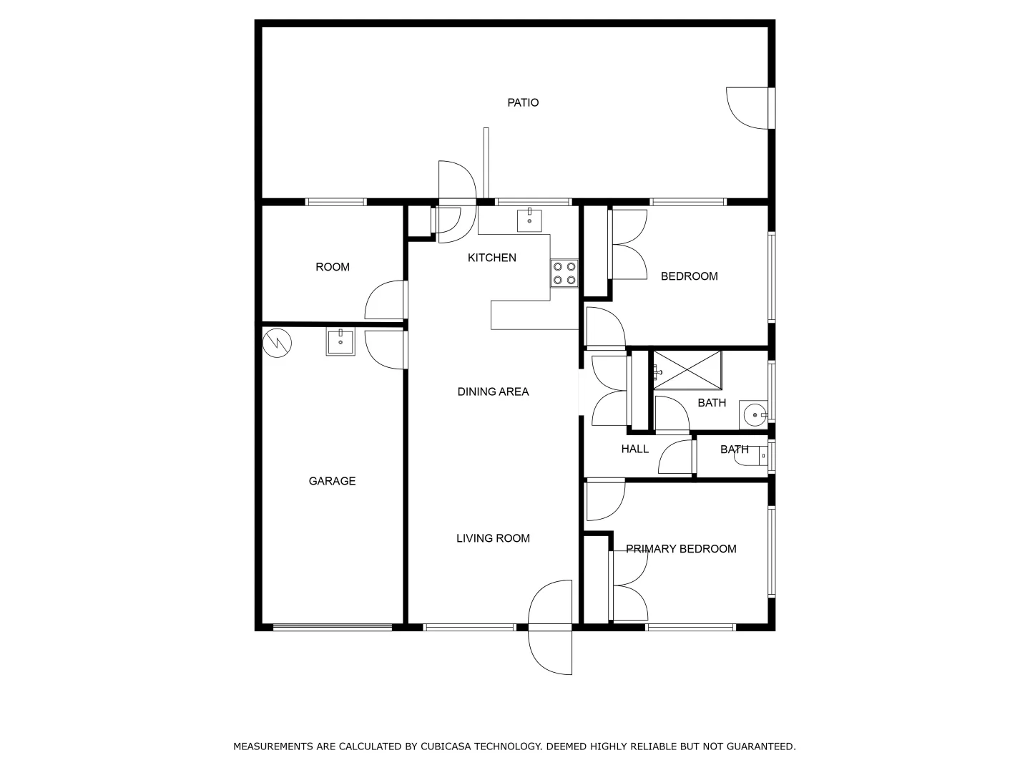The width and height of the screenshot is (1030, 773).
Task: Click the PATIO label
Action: point(523,102)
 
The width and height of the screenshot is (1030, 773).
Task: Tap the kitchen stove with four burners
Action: point(564,273)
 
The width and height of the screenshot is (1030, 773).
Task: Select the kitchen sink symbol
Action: point(529,220)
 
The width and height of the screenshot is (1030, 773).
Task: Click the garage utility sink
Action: point(340,341)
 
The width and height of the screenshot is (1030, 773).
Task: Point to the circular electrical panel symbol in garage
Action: point(277,343)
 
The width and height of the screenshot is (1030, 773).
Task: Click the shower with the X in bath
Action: point(687,369)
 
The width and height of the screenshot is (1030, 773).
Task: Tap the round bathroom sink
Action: point(753,414)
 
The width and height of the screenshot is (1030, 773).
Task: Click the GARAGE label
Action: point(332,481)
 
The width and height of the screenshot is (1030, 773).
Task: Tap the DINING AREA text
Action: point(493,392)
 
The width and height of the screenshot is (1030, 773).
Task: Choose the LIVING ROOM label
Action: point(493,538)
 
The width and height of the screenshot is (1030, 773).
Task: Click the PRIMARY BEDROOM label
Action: point(681,549)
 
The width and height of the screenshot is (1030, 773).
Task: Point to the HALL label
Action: point(634,449)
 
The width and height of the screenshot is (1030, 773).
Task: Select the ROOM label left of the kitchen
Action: point(333,267)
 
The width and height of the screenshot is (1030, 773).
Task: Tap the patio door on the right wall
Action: point(749,109)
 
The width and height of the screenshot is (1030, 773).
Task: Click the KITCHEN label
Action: point(491,258)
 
